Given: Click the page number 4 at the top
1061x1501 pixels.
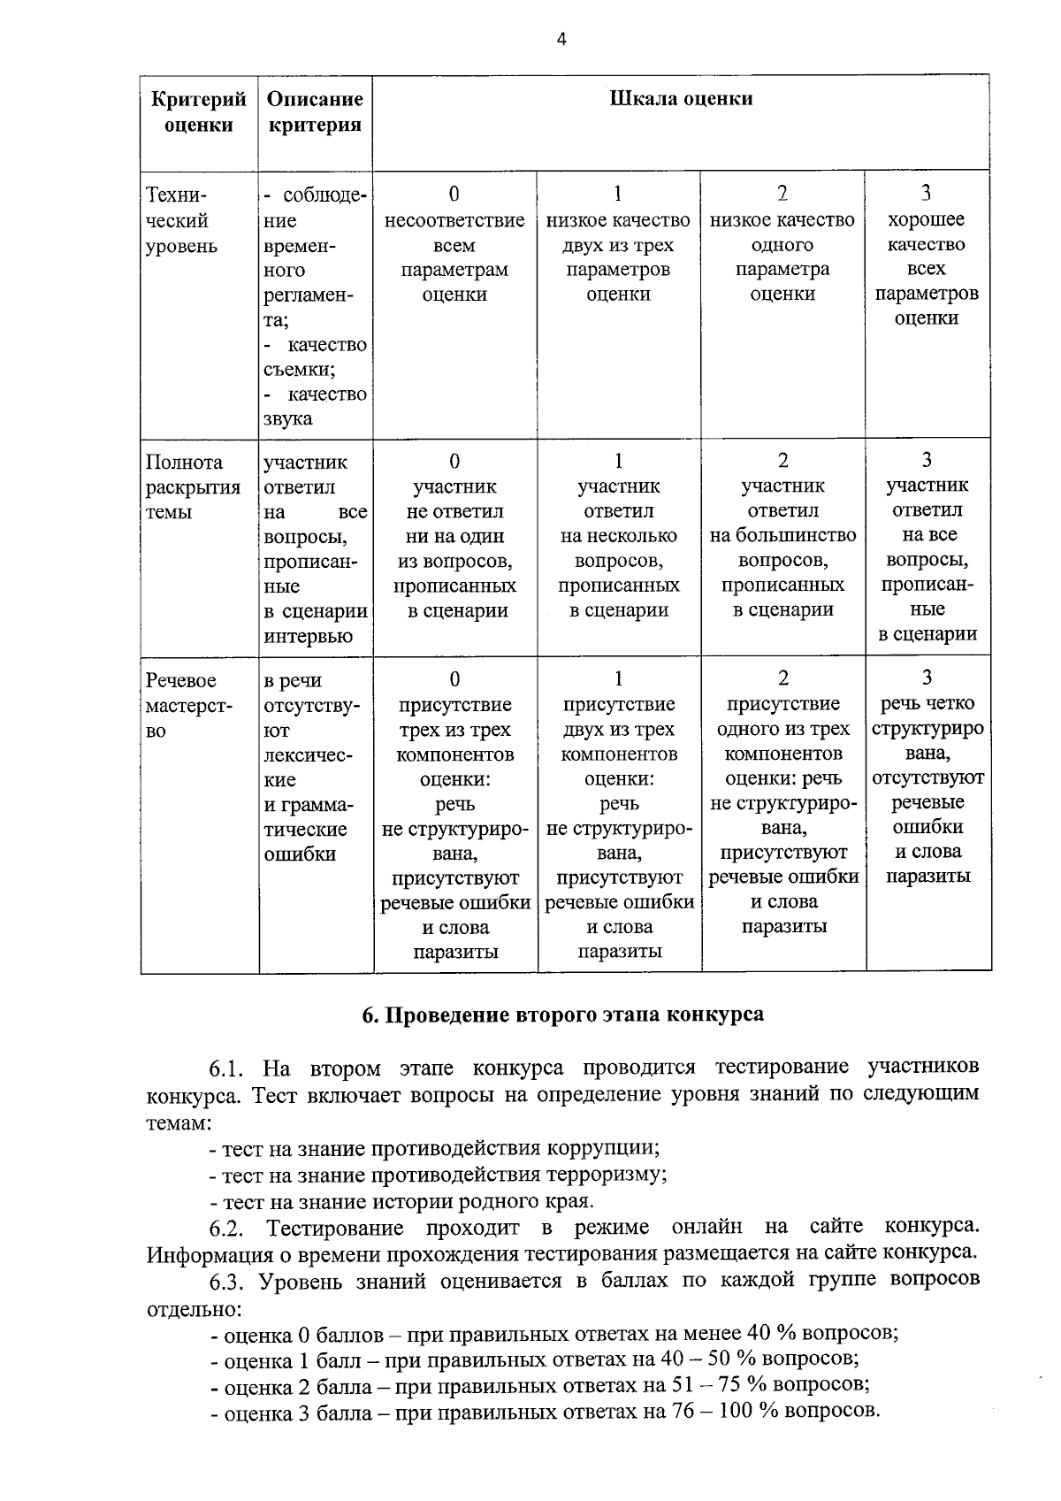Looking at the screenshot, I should (x=561, y=40).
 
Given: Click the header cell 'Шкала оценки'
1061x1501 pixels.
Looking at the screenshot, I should (x=681, y=99).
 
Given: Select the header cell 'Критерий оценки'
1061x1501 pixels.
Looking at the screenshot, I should (x=199, y=112).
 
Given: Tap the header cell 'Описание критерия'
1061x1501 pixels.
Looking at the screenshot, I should (x=315, y=112).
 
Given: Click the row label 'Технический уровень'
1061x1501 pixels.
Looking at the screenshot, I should (x=181, y=220).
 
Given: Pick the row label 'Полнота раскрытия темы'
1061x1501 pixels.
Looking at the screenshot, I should (x=193, y=487).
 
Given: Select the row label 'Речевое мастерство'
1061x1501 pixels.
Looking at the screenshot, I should (x=189, y=706).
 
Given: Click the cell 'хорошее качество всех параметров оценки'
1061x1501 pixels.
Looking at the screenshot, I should (x=927, y=268).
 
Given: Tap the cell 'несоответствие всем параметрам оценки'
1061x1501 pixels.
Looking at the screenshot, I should (x=454, y=257).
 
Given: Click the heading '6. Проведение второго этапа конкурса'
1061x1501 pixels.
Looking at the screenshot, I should (x=563, y=1015).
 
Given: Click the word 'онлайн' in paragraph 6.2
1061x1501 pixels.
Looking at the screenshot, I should (x=706, y=1228).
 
